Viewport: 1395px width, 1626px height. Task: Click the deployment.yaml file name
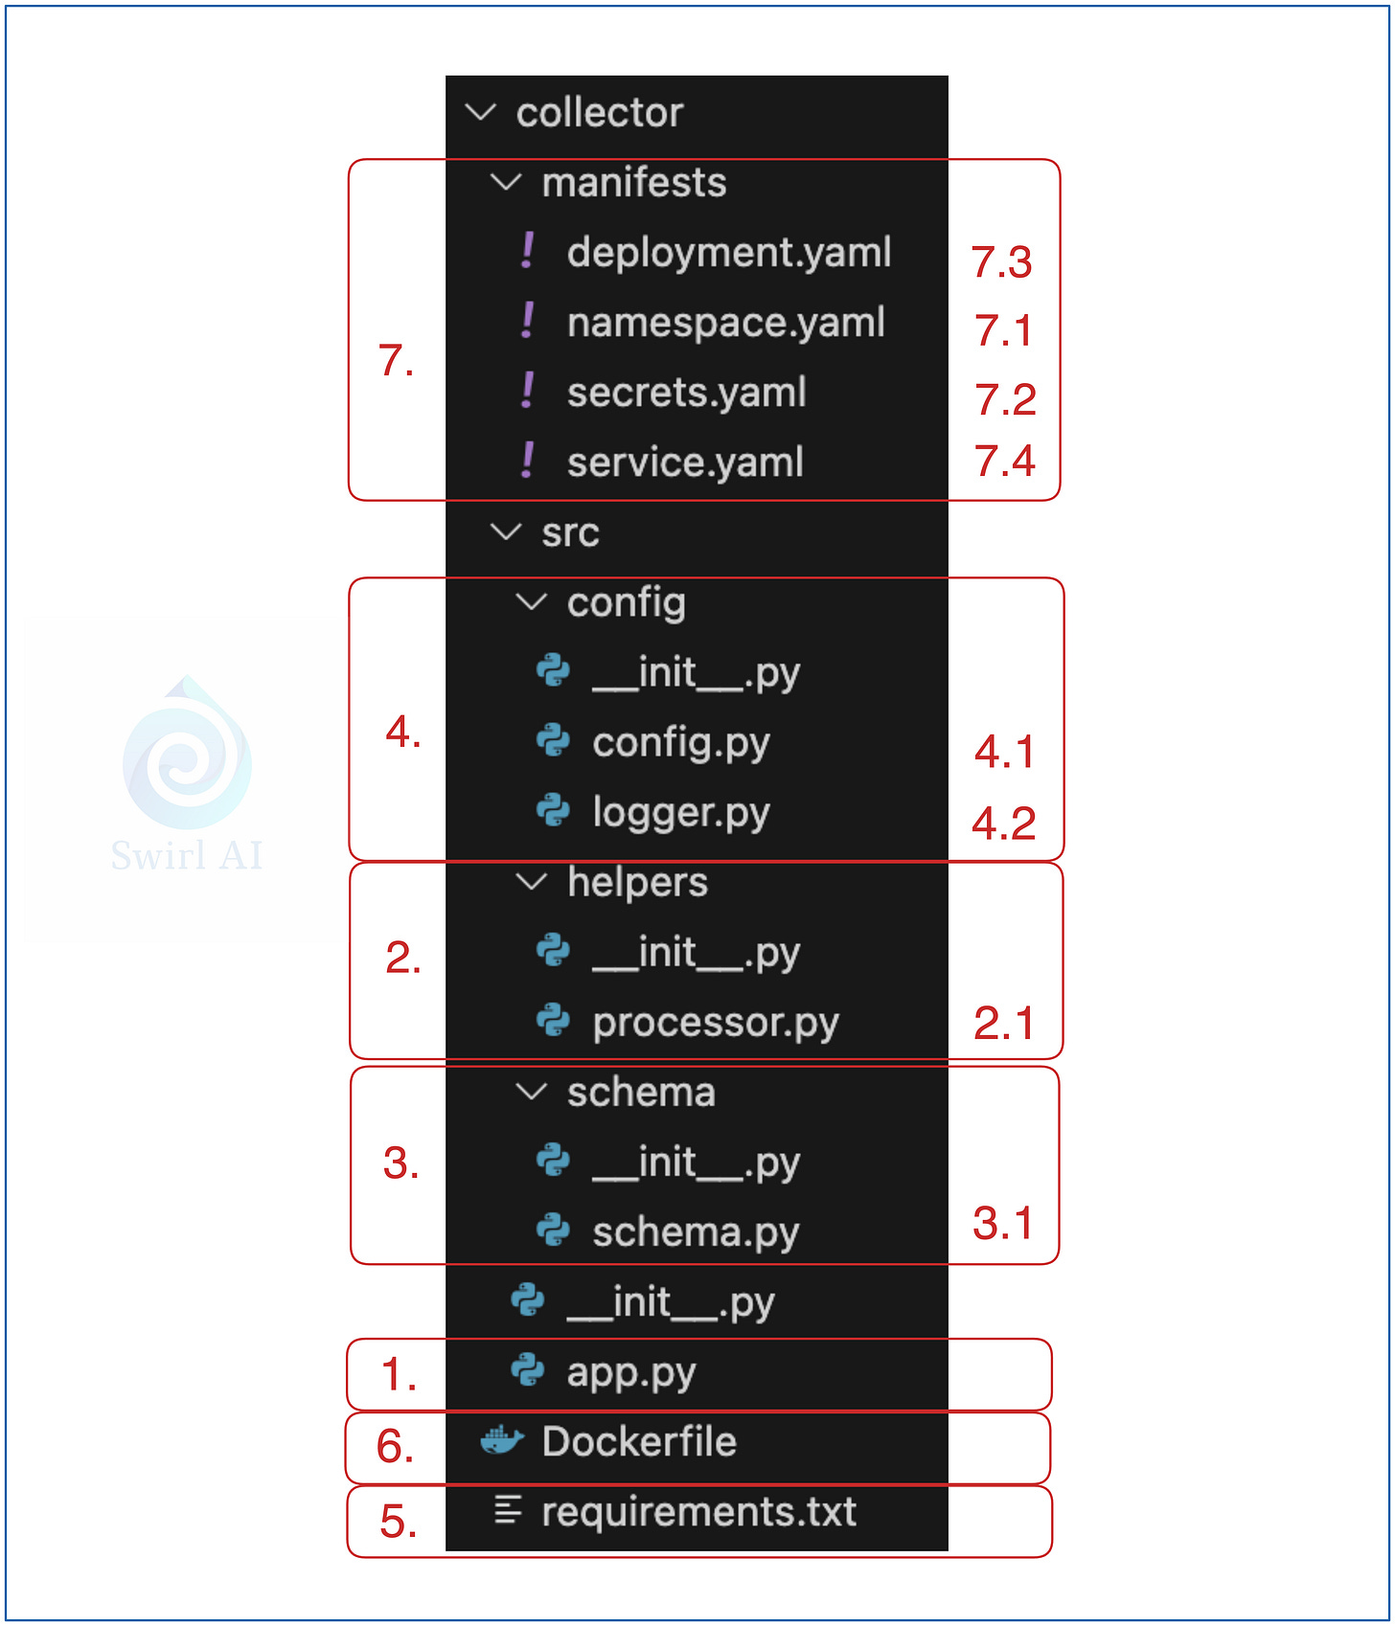728,253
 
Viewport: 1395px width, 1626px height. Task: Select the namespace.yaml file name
725,323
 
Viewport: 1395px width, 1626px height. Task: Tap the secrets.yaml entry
686,393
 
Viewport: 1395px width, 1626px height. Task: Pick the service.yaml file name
684,463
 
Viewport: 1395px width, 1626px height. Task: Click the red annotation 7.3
1001,262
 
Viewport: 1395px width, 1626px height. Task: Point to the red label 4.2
1003,824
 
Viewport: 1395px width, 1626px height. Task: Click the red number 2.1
1003,1024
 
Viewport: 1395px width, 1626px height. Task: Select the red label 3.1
1002,1224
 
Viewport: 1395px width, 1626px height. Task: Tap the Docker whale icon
501,1440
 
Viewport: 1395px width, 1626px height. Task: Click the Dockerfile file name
639,1442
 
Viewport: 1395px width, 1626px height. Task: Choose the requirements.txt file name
698,1512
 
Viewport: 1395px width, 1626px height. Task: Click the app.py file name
630,1372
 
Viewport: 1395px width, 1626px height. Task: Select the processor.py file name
715,1023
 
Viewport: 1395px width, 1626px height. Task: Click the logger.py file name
680,813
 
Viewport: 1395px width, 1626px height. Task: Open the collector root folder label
599,113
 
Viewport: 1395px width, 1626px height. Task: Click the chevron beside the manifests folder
505,182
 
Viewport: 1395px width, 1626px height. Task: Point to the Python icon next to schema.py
553,1230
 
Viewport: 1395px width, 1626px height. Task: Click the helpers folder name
637,882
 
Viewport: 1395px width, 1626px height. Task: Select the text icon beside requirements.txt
507,1510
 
